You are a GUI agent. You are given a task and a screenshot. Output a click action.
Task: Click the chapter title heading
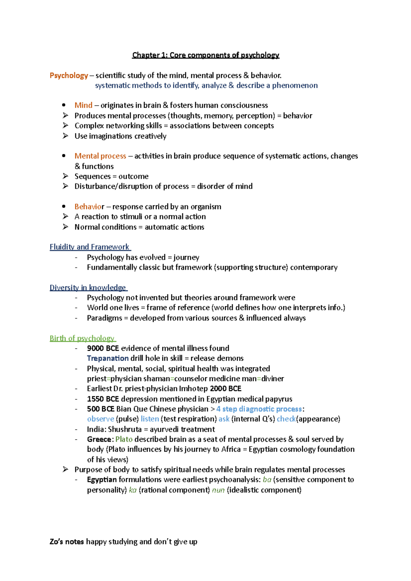[206, 55]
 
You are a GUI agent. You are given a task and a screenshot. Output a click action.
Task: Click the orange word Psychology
[69, 75]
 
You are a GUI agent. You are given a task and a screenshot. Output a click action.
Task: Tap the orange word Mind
[84, 105]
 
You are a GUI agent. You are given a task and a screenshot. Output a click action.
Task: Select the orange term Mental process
[100, 156]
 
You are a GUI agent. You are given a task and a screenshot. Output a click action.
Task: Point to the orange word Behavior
[89, 207]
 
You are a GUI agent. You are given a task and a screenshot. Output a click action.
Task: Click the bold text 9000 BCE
[103, 348]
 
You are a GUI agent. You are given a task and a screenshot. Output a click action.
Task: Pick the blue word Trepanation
[108, 358]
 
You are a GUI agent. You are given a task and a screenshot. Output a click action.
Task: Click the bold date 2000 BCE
[225, 389]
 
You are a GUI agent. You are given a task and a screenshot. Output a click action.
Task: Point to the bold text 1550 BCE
[103, 399]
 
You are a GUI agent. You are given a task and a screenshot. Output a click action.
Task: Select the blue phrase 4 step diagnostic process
[259, 409]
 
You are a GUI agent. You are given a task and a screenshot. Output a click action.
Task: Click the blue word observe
[100, 419]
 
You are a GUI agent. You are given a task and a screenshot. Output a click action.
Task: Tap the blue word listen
[150, 419]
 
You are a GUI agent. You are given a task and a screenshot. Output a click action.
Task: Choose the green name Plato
[124, 439]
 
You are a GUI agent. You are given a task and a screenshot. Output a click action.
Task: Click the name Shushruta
[125, 429]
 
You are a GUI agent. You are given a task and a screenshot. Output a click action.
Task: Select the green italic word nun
[218, 490]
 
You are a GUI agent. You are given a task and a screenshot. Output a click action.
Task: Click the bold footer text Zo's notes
[67, 542]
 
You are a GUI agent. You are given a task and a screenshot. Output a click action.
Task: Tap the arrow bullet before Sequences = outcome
[65, 176]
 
